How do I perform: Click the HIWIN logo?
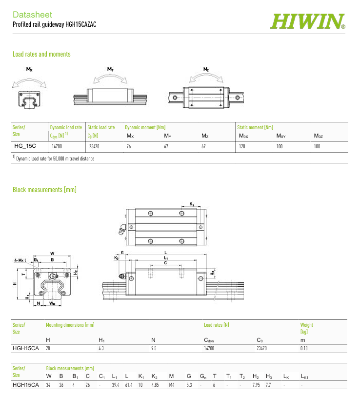307,21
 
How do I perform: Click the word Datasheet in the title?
32,15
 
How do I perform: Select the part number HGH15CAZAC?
81,24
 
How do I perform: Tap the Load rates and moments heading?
41,54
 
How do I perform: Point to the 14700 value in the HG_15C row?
57,146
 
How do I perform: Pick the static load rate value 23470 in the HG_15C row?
94,146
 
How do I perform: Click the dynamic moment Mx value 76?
129,146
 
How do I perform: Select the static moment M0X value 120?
242,146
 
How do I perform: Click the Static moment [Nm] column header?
255,127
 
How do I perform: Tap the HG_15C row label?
25,146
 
